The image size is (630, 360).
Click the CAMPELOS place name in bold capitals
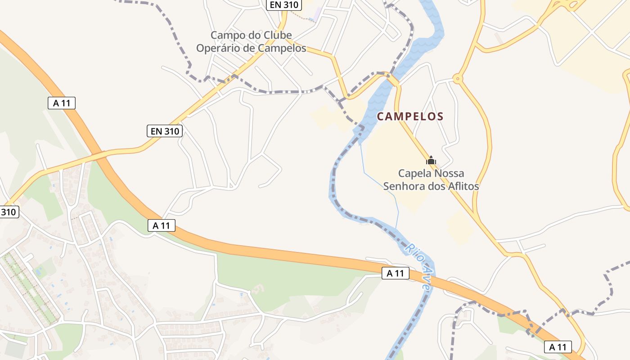410,117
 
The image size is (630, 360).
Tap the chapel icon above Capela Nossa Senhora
431,160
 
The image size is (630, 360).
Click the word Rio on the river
411,250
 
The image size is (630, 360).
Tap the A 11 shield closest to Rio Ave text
395,273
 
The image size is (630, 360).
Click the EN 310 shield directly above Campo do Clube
284,5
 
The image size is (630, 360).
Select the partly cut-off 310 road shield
9,211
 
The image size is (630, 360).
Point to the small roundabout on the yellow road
458,79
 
